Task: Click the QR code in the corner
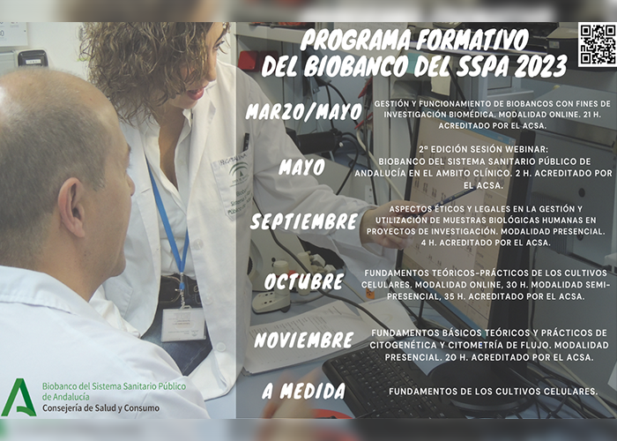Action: coord(598,44)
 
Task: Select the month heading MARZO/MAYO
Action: coord(304,111)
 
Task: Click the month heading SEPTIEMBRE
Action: coord(304,221)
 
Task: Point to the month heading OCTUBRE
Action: coord(304,281)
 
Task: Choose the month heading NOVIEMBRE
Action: coord(304,340)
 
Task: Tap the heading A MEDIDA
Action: coord(304,391)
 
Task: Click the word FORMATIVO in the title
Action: coord(472,40)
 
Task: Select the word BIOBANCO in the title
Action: coord(356,65)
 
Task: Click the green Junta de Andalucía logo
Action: coord(19,397)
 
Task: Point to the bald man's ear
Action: coord(72,206)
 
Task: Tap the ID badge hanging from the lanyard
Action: coord(183,325)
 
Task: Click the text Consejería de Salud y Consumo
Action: coord(100,408)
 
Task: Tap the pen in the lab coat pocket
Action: coord(246,142)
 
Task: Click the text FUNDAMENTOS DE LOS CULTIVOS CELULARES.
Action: coord(494,392)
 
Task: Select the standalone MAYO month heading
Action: coord(301,167)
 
